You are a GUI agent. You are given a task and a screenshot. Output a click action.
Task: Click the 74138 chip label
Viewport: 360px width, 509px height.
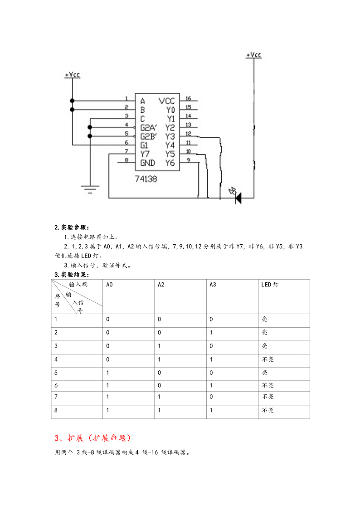146,179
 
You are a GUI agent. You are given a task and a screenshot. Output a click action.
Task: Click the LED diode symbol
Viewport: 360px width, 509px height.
238,197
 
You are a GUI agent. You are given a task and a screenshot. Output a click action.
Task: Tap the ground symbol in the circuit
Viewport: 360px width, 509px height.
90,189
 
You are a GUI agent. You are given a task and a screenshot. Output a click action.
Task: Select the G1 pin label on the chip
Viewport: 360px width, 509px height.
144,145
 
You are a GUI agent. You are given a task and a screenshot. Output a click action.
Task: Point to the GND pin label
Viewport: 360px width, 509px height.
147,163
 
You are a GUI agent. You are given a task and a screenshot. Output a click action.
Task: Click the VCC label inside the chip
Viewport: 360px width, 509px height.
166,101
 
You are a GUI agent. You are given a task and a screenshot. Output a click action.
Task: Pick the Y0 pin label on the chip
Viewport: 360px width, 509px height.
170,110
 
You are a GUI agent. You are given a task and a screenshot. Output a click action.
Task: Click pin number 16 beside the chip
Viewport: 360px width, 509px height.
188,98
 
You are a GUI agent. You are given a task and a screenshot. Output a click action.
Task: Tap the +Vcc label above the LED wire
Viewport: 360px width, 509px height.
253,54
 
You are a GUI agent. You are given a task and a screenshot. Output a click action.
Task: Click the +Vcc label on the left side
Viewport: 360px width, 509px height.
72,75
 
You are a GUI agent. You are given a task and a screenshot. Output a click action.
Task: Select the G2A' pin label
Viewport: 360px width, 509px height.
149,127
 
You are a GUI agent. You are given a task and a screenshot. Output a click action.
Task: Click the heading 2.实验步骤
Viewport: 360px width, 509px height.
72,227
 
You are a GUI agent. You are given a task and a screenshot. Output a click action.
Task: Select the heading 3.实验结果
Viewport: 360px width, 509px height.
72,275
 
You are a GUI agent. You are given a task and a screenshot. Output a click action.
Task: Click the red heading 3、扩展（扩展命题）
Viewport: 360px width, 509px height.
93,438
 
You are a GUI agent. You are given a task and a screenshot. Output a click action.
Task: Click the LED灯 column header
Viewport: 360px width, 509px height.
270,284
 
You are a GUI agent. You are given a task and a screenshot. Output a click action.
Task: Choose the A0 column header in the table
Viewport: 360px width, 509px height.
109,285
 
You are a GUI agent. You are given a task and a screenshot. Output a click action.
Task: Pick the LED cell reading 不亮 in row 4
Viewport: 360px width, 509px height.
268,359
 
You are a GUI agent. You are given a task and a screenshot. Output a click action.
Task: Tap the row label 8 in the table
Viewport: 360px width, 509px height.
56,410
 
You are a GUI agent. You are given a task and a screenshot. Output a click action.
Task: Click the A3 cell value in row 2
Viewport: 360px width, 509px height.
211,332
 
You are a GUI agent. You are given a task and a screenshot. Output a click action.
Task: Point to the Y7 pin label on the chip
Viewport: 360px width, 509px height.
145,154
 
